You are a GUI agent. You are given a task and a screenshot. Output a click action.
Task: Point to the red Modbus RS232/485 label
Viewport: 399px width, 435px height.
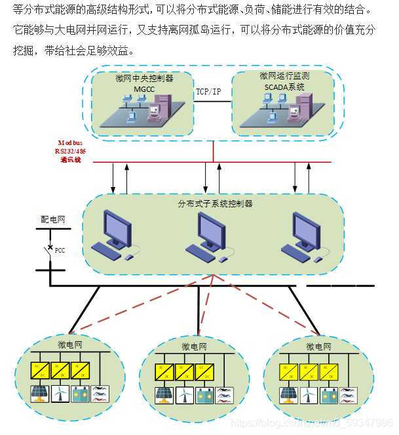tap(67, 151)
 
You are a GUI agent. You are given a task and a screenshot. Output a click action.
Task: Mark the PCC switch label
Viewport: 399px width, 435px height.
tap(60, 249)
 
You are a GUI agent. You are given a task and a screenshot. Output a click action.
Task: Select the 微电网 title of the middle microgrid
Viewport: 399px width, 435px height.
tap(194, 346)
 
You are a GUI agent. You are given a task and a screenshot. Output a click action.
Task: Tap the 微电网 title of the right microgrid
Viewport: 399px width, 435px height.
tap(318, 345)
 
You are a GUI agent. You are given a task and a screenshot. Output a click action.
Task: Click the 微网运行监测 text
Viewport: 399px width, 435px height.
tap(284, 76)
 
